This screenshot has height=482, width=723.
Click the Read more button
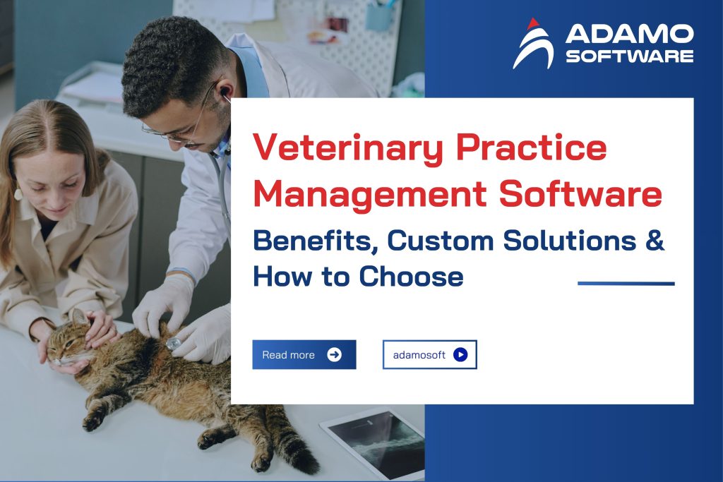(304, 354)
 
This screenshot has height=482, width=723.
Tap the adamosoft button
(429, 354)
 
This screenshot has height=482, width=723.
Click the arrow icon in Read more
(334, 354)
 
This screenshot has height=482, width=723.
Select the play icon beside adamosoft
(460, 354)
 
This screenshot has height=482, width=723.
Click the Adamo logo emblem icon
(534, 43)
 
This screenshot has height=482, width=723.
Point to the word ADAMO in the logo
(629, 33)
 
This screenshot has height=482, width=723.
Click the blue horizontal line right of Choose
(626, 284)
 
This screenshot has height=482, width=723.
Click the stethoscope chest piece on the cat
(174, 344)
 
